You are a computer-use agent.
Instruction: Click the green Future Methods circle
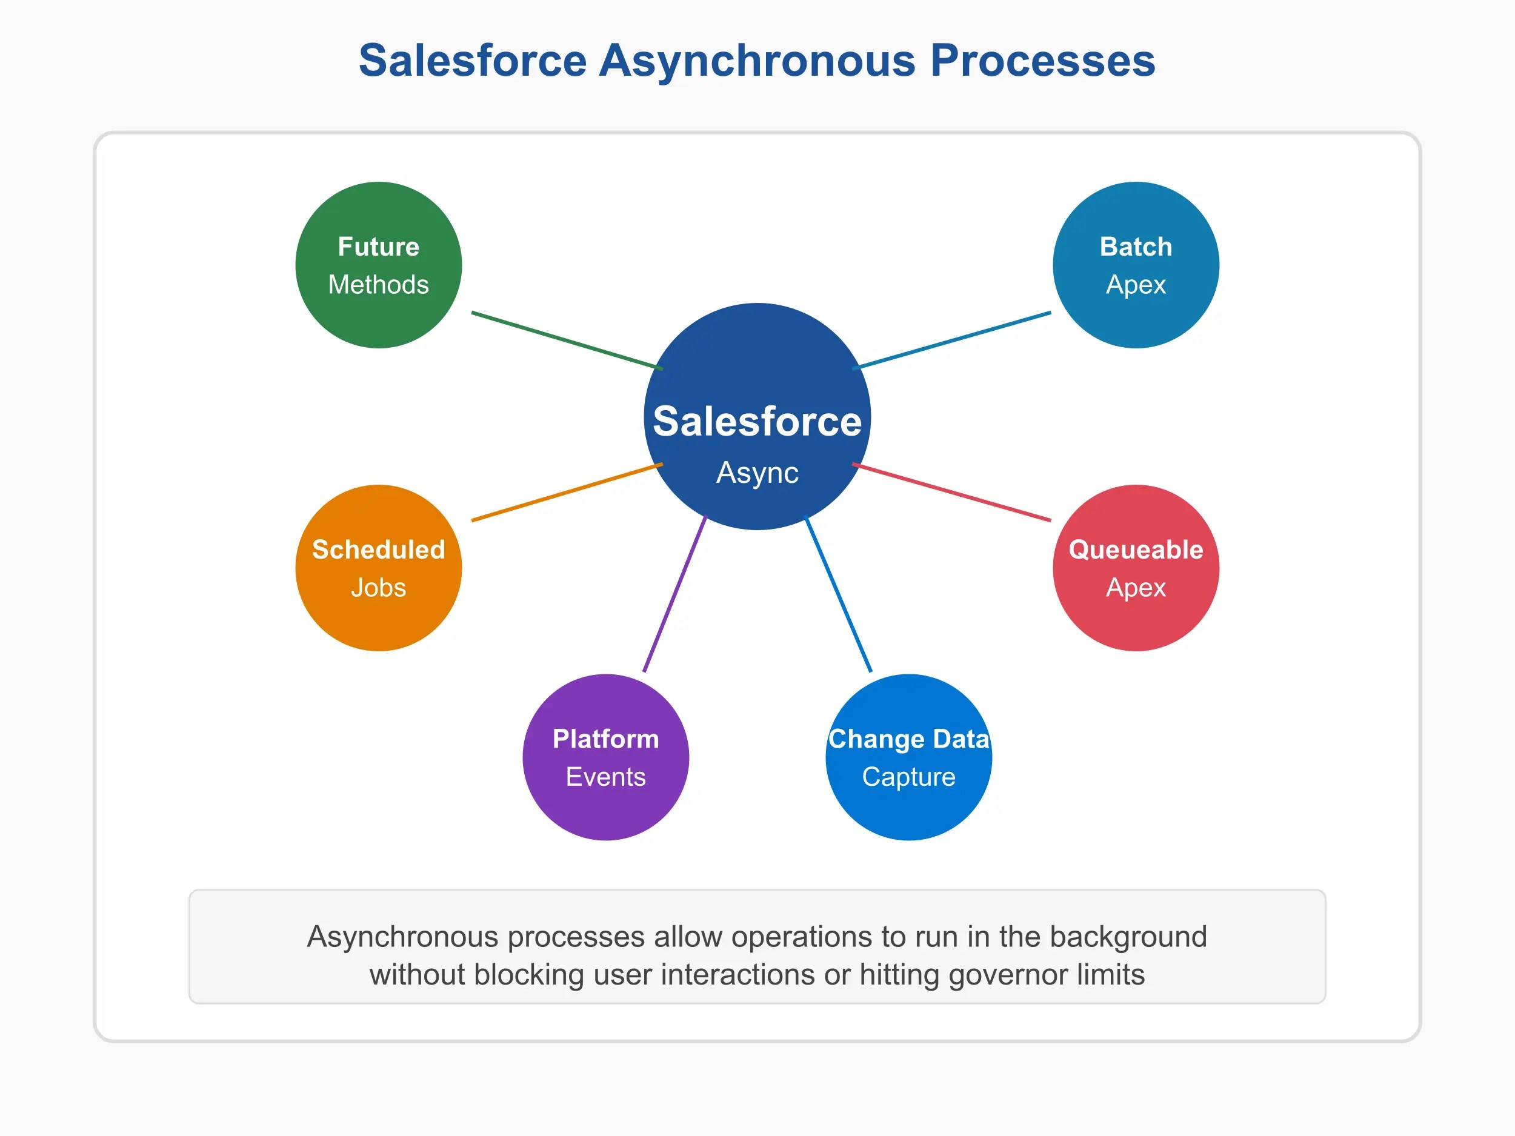tap(378, 265)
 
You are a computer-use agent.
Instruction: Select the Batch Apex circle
tap(1136, 265)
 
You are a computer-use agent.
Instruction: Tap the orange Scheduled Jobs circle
tap(378, 568)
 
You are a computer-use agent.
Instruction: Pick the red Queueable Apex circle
tap(1136, 568)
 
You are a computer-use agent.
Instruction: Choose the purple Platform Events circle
tap(605, 757)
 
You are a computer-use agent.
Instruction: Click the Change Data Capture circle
tap(909, 757)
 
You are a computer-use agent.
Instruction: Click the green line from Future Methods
tap(567, 341)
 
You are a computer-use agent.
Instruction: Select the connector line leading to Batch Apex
tap(952, 340)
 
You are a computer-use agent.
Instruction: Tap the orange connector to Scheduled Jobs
tap(567, 493)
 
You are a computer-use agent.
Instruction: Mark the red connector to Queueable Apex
tap(952, 493)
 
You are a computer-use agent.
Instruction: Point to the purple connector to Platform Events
tap(674, 594)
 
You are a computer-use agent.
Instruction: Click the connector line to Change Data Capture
tap(837, 594)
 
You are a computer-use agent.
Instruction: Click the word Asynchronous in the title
tap(757, 60)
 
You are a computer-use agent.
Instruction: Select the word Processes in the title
tap(1042, 60)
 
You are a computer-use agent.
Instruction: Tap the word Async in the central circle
tap(757, 473)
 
